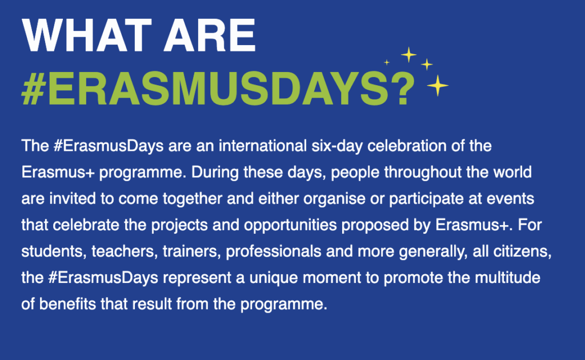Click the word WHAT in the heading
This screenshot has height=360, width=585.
87,35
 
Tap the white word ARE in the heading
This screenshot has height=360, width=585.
210,35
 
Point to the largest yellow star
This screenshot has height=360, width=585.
438,86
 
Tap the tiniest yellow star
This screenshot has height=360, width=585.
387,62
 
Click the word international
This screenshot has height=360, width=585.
263,146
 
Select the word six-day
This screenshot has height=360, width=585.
337,146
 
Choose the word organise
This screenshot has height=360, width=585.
334,199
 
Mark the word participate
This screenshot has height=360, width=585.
426,199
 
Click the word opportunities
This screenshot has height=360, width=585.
290,225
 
